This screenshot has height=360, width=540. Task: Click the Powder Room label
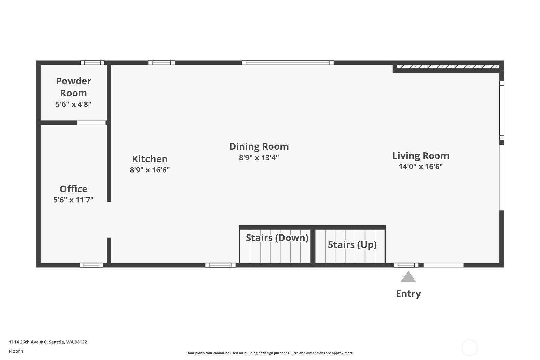point(74,87)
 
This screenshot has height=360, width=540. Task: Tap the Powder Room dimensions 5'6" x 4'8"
point(74,104)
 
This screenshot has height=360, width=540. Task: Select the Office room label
point(74,189)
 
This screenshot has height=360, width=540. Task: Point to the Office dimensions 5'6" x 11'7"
point(74,200)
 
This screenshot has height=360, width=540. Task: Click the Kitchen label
point(150,159)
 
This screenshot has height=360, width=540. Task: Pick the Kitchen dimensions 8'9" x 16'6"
point(150,170)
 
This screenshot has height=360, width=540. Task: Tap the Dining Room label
point(259,146)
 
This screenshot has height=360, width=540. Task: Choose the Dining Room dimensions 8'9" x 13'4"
point(259,157)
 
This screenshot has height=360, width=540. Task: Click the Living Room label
point(421,156)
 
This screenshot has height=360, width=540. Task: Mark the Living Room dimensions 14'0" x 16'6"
point(421,167)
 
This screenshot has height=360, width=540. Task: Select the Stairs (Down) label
point(277,238)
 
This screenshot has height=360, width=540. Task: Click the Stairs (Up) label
point(352,245)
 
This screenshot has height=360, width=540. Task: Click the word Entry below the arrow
point(408,294)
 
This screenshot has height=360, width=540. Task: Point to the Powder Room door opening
point(91,123)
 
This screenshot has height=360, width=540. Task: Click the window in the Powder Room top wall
point(92,63)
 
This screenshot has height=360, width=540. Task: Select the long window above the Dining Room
point(288,63)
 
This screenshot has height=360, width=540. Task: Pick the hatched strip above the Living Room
point(448,66)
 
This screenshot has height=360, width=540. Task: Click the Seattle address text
point(48,342)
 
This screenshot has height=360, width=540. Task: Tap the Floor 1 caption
point(16,351)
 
